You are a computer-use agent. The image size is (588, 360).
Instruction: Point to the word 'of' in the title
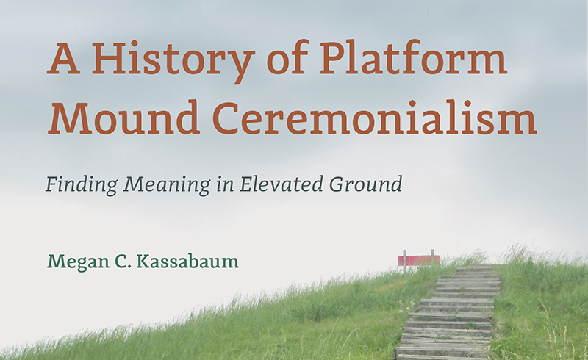276,59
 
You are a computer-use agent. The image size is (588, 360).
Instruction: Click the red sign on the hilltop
418,259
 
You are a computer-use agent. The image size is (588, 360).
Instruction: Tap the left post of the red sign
404,262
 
